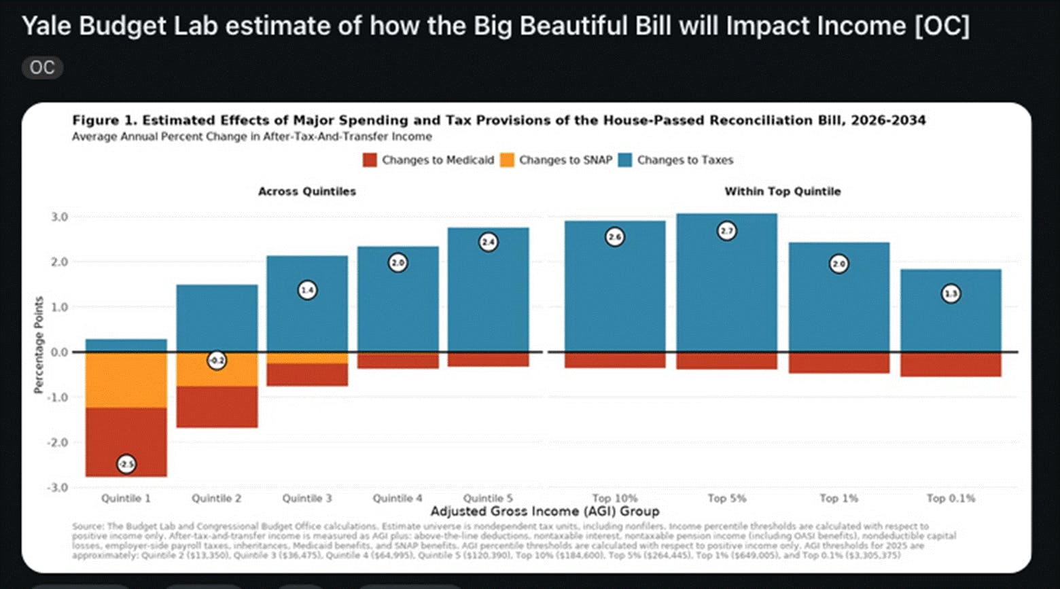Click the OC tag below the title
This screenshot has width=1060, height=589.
[42, 68]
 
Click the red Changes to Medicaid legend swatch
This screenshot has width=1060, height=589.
[370, 160]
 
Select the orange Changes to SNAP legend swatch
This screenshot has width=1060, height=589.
[507, 160]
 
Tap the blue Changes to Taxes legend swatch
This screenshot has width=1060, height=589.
[625, 160]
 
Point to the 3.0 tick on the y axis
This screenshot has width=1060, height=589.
[60, 217]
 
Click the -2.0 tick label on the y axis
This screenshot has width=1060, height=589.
[58, 442]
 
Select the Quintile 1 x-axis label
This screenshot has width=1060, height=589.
[126, 498]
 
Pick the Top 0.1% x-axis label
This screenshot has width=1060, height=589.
[951, 498]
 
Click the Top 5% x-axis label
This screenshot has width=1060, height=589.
[726, 498]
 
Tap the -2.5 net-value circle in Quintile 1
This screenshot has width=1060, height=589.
[126, 464]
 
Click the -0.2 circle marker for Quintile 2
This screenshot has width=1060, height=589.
[217, 361]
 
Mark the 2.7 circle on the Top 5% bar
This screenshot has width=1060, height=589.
[727, 231]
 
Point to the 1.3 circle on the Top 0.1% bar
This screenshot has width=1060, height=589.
[951, 294]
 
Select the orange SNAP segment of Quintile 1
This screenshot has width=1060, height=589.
[126, 380]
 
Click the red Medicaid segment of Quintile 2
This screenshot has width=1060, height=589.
[217, 407]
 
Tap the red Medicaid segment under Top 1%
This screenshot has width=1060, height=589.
[838, 363]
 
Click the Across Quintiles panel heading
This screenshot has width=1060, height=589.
[306, 192]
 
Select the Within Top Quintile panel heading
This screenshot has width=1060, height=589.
[782, 192]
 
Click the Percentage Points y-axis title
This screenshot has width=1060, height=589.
[39, 345]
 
